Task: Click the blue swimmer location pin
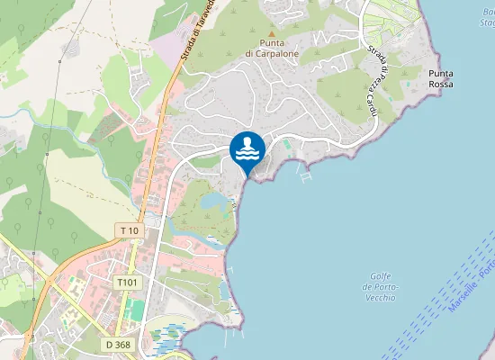(x=247, y=150)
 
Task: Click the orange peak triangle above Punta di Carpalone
(x=272, y=32)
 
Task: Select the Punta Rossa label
(x=441, y=78)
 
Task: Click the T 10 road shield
(x=130, y=231)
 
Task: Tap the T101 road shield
(x=128, y=282)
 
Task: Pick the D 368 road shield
(x=118, y=344)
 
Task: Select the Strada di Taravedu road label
(x=196, y=31)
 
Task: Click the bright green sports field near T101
(x=134, y=309)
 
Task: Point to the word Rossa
(x=441, y=84)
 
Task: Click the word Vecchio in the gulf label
(x=380, y=297)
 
